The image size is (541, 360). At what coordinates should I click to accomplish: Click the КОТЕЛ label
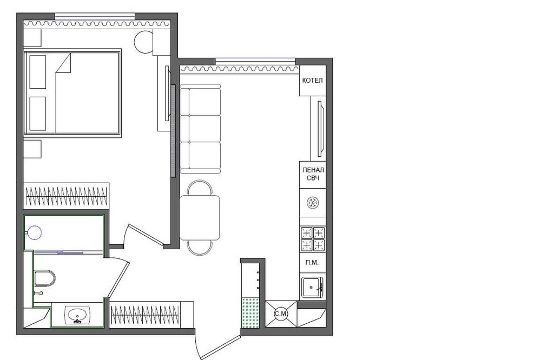312,81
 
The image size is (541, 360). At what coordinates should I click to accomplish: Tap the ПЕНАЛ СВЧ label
313,174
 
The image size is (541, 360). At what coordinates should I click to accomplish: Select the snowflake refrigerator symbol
313,202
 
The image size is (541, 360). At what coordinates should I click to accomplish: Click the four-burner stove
313,238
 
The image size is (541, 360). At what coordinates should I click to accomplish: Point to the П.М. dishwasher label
312,262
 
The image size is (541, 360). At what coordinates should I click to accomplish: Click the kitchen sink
312,287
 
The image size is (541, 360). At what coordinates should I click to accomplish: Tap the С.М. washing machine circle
281,314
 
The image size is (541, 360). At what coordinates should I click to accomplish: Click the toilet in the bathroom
45,278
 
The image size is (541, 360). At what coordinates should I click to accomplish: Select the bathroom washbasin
77,315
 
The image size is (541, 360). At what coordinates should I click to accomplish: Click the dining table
200,218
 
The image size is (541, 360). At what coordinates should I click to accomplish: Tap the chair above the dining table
200,188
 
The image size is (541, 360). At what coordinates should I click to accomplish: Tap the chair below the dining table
200,248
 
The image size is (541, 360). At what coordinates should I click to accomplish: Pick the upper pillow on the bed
38,72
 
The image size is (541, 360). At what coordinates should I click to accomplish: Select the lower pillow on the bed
38,114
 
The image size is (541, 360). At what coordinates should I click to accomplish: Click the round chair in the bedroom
143,42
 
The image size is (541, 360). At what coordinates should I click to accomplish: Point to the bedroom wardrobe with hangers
66,196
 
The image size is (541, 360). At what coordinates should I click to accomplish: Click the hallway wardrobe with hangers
151,315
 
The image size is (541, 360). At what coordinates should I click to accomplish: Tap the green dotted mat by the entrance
250,313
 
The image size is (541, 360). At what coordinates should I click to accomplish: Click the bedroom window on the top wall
95,16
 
